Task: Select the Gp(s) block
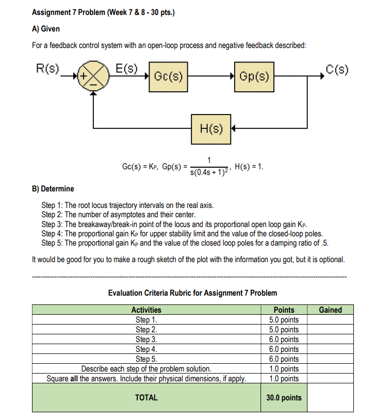(x=254, y=77)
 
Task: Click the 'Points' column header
(x=284, y=310)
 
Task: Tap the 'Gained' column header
(x=330, y=310)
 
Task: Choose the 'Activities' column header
(x=146, y=310)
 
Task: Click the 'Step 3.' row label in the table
(x=146, y=339)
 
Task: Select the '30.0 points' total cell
(x=284, y=397)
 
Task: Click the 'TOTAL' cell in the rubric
(x=146, y=397)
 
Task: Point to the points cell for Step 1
(x=284, y=319)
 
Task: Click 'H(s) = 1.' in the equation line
(x=249, y=166)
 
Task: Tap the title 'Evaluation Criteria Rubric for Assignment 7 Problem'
(x=192, y=293)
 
